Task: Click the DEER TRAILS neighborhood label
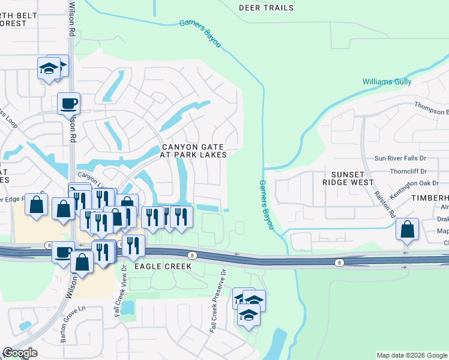(267, 8)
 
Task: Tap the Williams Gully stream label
(387, 81)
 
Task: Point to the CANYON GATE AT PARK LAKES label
(193, 151)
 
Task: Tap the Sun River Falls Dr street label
(400, 158)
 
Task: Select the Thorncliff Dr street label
(407, 170)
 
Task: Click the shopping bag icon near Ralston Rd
(408, 229)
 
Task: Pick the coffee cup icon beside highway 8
(63, 251)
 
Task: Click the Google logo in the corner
(20, 353)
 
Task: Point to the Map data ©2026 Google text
(412, 355)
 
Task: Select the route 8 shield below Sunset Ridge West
(340, 262)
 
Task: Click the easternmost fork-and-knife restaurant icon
(181, 217)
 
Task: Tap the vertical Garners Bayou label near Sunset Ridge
(266, 204)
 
